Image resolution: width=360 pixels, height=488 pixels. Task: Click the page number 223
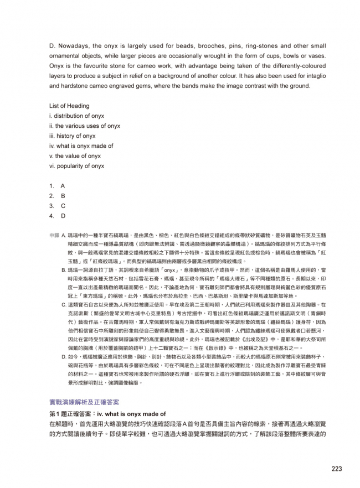337,469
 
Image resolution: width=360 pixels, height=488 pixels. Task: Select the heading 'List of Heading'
69,106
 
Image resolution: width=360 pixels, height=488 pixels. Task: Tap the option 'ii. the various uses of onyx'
85,126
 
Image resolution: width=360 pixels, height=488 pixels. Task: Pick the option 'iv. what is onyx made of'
81,146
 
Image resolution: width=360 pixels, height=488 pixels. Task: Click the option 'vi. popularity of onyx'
77,166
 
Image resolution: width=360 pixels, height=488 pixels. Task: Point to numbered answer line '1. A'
57,186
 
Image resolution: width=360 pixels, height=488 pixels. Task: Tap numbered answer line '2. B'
57,196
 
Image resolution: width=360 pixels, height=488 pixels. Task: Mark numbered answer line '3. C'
57,206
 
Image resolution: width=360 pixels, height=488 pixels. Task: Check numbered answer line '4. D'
57,216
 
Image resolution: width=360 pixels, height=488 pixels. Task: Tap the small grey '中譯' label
54,235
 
